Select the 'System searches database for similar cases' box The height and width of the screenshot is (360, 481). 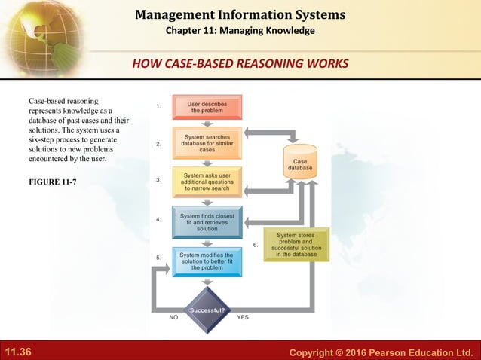pos(207,142)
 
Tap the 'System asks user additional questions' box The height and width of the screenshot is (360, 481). pos(207,181)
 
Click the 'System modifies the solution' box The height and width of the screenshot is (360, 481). pos(207,261)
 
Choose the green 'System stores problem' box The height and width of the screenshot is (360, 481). pos(296,245)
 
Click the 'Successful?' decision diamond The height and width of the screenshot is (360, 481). pos(207,309)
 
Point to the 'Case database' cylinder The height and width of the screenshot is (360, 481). pos(299,163)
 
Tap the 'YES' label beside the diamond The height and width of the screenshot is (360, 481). pos(243,318)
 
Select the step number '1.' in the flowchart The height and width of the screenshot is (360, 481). pos(158,106)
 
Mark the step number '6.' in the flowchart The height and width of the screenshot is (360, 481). pos(256,245)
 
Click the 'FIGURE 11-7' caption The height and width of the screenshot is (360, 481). pos(54,182)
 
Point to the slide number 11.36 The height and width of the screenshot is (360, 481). pos(18,352)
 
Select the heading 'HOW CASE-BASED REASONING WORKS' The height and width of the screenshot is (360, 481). pos(240,63)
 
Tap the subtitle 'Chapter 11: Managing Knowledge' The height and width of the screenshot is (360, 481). pos(240,31)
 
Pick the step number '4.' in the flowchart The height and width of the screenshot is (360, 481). pos(158,220)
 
